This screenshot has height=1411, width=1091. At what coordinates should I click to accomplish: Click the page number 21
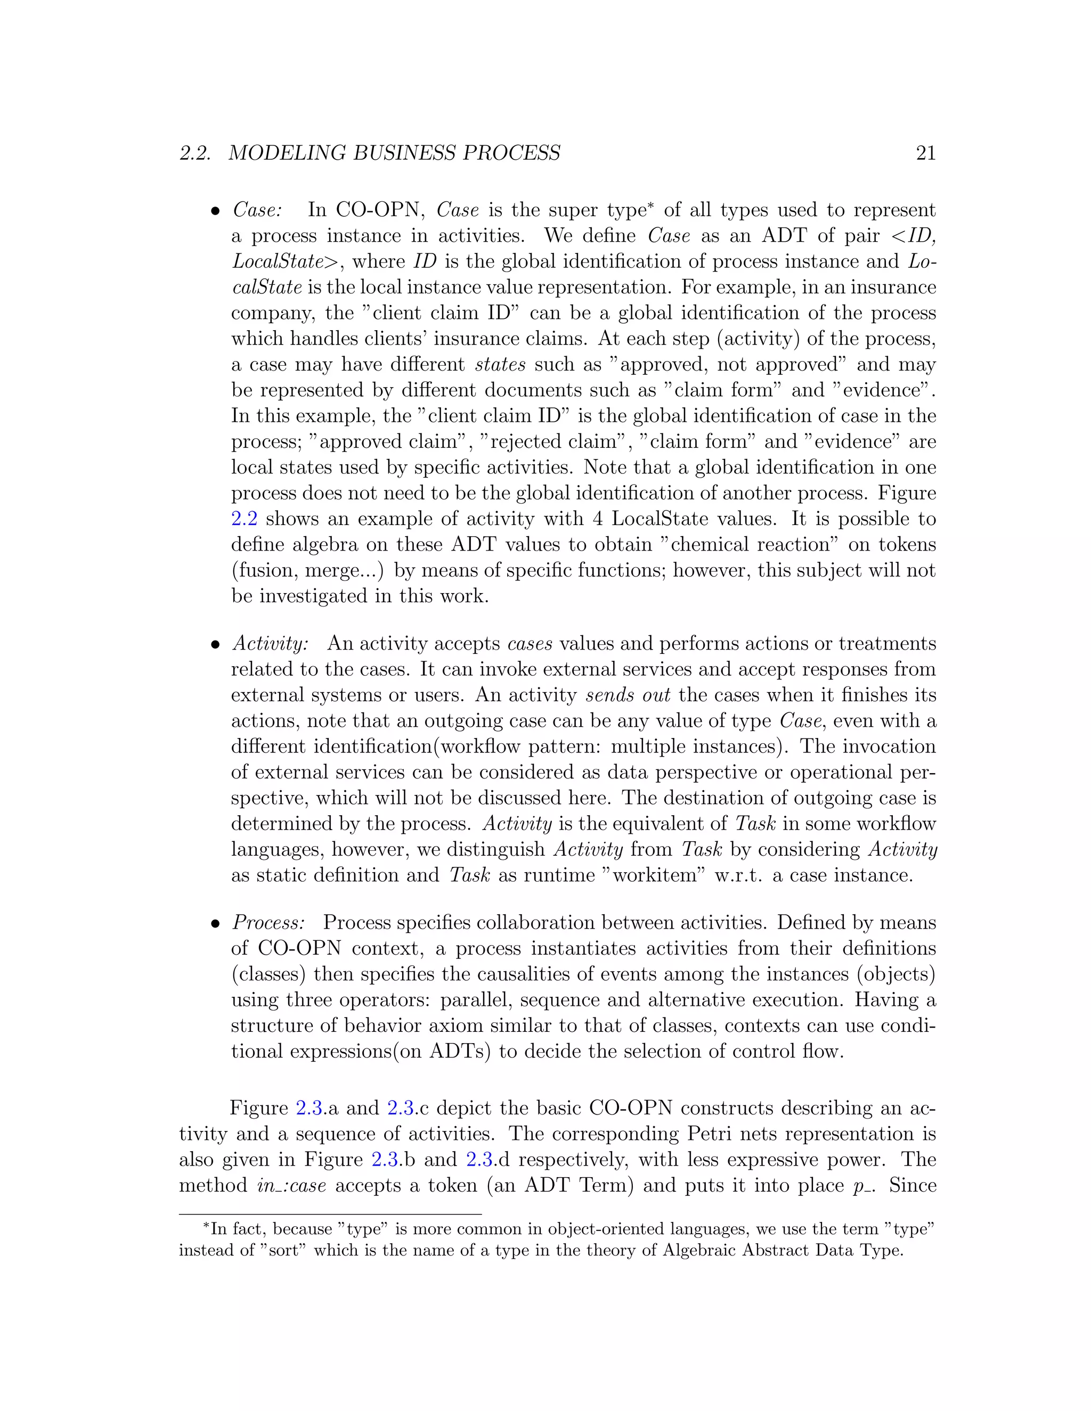coord(925,153)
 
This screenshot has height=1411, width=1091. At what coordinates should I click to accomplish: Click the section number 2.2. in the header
coord(195,153)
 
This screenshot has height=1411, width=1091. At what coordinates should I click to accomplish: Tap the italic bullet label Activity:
coord(270,644)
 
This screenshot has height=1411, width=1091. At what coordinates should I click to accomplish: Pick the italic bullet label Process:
coord(268,923)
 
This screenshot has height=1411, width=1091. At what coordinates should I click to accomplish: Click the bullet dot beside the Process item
coord(216,924)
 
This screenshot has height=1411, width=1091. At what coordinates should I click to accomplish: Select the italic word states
coord(500,364)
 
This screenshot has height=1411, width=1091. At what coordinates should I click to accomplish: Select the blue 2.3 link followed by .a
coord(309,1108)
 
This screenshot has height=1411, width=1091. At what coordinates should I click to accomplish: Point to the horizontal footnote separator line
coord(330,1215)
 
